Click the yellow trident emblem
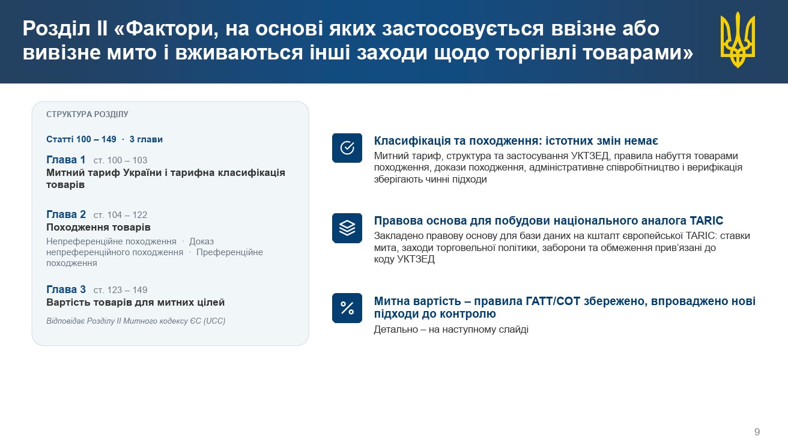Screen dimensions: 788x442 point(738,40)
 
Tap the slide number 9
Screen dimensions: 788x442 point(757,432)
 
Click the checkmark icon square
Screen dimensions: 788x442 point(347,148)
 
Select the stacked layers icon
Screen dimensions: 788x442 point(347,228)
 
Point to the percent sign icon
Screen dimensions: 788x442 point(347,308)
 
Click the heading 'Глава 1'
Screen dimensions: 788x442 point(66,160)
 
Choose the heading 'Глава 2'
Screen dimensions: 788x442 point(66,214)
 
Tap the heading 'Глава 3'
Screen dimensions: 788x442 point(66,289)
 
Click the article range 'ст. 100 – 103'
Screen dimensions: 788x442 point(120,160)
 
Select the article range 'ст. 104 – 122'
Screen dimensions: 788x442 point(120,215)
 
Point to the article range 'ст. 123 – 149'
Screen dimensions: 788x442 point(120,290)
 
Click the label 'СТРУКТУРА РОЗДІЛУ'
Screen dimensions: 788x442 point(87,114)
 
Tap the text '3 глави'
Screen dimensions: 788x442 point(146,139)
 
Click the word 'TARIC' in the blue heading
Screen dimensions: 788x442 point(706,220)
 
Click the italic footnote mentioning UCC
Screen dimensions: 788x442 point(136,321)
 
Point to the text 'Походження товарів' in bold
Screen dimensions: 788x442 point(98,228)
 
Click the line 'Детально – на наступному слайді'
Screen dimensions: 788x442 point(451,330)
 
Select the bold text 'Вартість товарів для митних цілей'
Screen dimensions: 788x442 point(136,303)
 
